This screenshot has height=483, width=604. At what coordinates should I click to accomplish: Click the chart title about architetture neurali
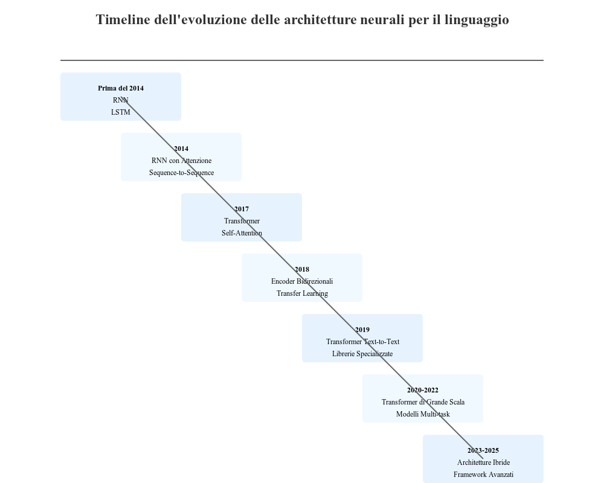pos(302,20)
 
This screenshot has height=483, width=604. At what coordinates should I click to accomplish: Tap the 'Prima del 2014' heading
pos(121,88)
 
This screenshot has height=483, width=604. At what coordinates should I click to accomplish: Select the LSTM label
pos(121,112)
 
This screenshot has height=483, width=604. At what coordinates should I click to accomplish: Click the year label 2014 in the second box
pos(181,149)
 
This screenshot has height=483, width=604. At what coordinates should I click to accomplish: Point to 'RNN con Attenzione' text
pos(181,161)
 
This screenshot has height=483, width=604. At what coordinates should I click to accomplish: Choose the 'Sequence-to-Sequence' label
pos(181,173)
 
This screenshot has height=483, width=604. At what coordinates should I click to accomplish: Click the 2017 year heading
pos(242,209)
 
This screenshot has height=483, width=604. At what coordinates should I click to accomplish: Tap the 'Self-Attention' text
pos(242,233)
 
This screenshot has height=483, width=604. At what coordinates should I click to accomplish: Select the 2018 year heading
pos(302,269)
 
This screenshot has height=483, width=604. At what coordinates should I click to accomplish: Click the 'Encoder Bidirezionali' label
pos(302,281)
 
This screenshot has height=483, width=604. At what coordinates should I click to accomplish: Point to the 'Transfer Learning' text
pos(302,293)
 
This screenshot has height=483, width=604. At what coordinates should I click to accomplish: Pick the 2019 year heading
pos(362,330)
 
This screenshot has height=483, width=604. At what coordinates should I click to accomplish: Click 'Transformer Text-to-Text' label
pos(362,342)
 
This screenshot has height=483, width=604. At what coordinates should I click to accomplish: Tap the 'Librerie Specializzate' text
pos(362,354)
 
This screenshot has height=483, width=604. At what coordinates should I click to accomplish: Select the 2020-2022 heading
pos(423,390)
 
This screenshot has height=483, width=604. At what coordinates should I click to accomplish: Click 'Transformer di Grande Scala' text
pos(423,402)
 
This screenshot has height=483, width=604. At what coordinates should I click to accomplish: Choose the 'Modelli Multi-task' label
pos(423,414)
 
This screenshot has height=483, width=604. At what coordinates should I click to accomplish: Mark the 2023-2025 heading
pos(483,450)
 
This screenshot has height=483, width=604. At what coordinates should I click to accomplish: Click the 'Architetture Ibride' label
pos(483,462)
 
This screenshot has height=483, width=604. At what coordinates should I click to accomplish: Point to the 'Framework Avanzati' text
pos(483,475)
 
